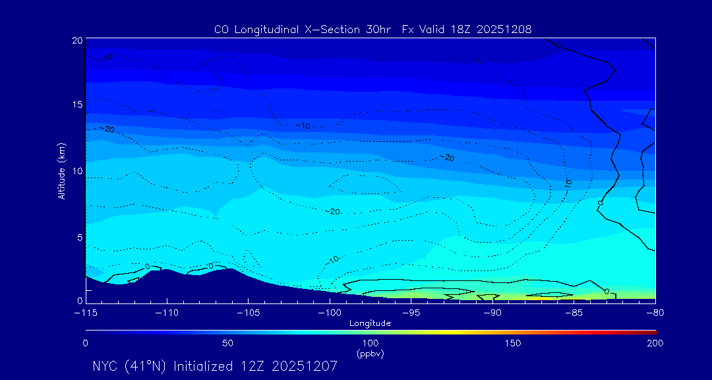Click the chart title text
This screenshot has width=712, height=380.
(372, 29)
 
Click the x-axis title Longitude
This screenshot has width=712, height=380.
(370, 323)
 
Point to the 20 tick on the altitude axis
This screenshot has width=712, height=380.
(76, 40)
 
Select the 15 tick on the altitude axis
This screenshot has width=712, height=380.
(76, 105)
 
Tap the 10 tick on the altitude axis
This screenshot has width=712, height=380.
(76, 171)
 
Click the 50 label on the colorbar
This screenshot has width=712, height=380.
(227, 343)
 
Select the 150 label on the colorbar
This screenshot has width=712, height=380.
(512, 343)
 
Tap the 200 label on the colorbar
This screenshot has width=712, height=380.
(655, 343)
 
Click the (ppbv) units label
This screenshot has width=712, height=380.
(370, 354)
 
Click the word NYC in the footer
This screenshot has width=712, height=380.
(106, 366)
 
